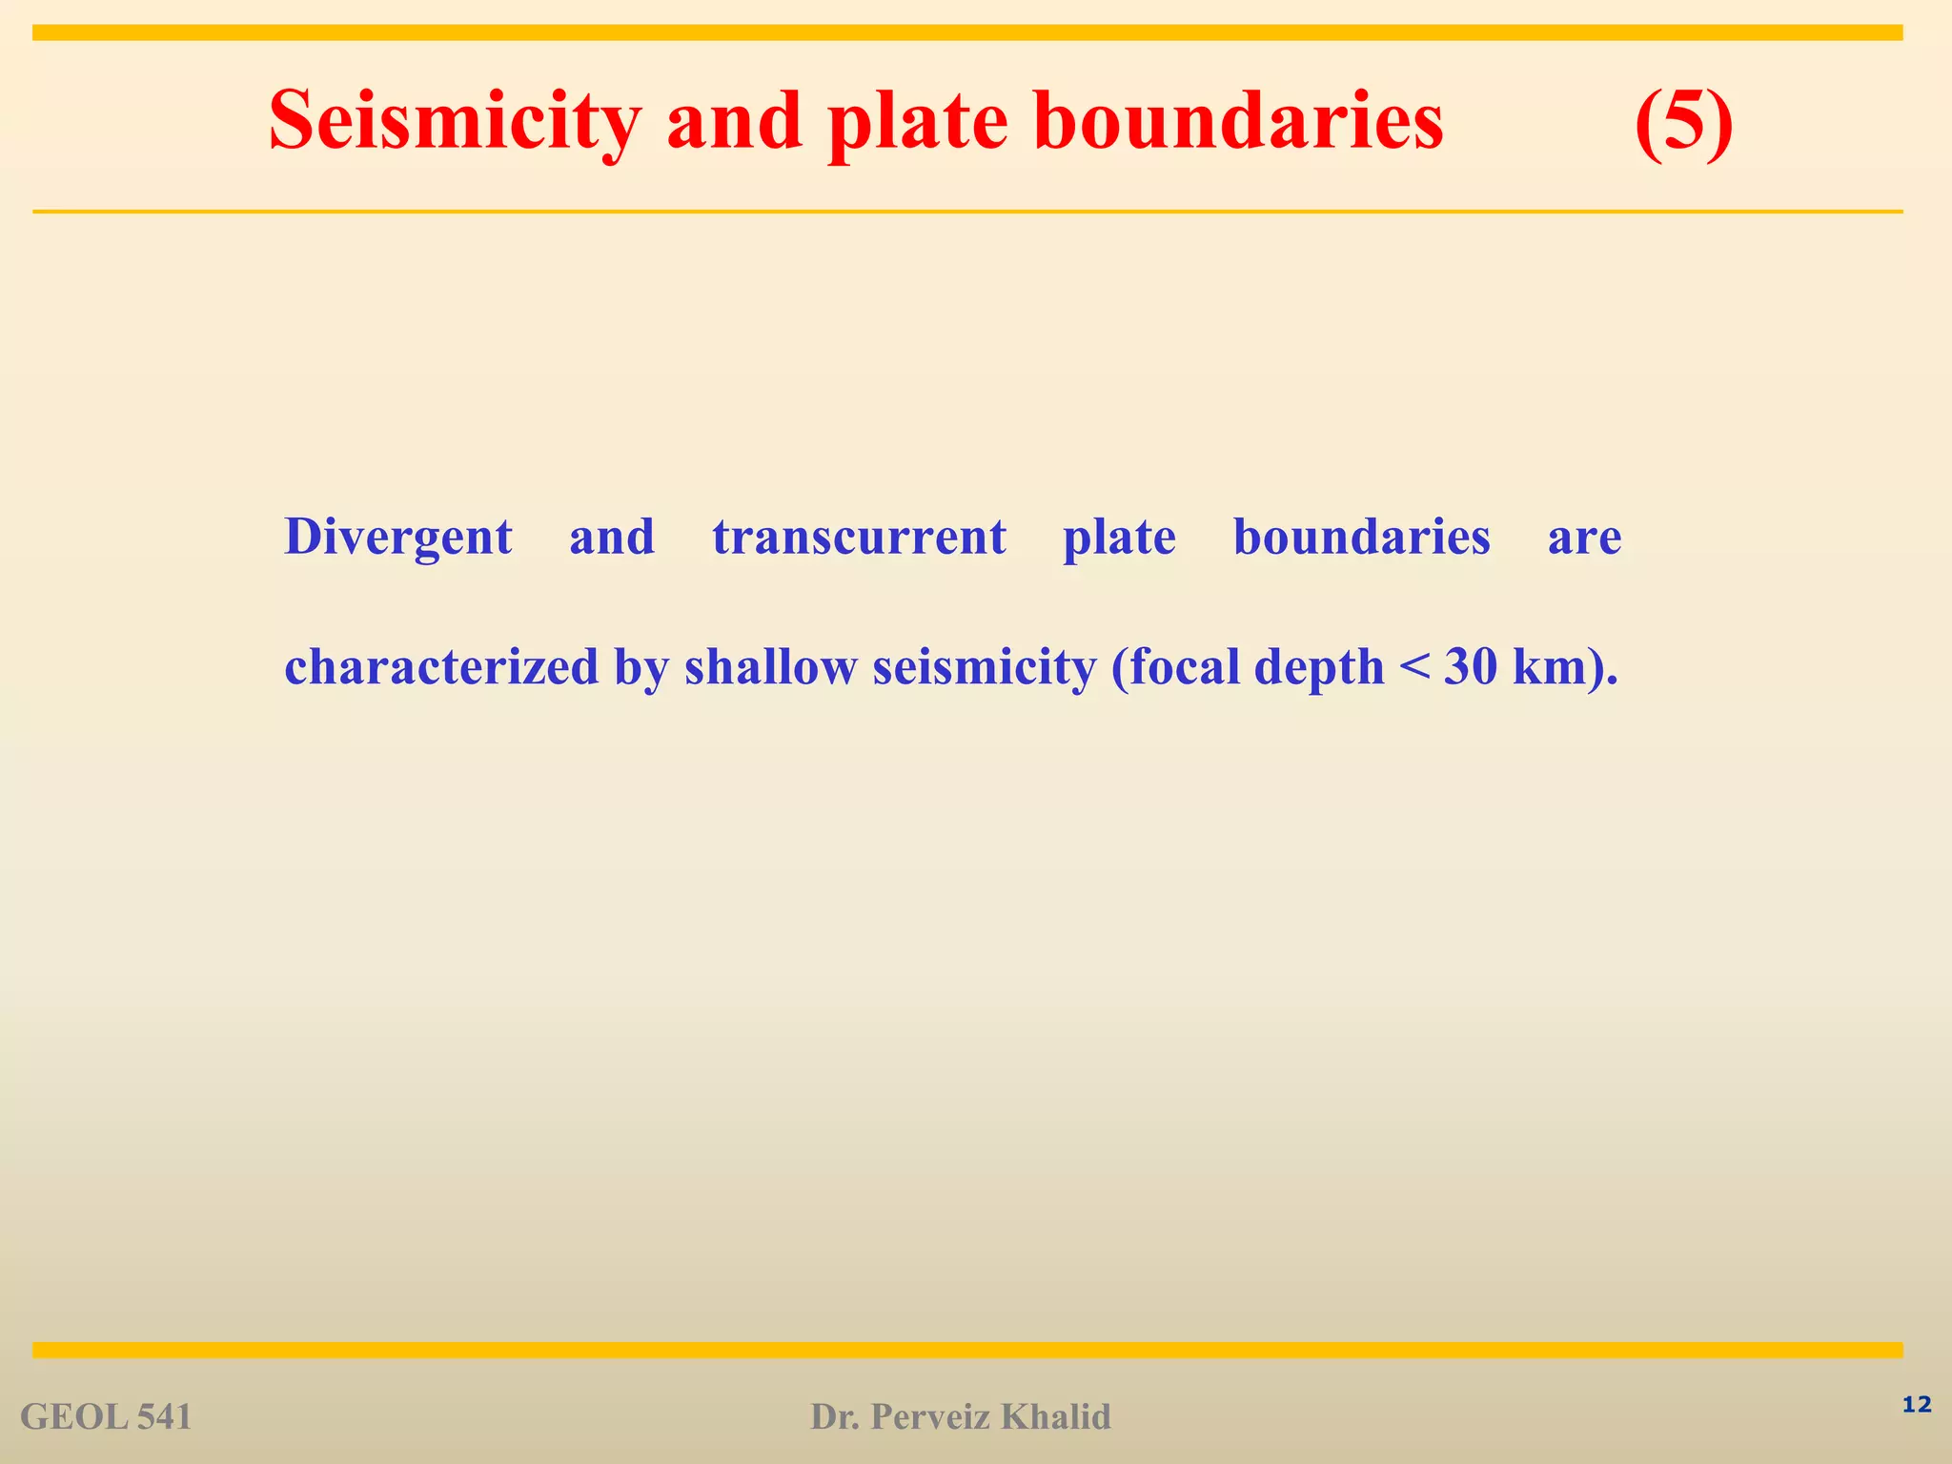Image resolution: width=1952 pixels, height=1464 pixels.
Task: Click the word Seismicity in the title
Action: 454,122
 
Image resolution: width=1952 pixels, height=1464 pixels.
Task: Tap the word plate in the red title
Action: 918,122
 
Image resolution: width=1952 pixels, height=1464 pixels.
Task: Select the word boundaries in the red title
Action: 1238,120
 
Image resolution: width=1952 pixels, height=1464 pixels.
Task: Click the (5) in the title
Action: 1683,122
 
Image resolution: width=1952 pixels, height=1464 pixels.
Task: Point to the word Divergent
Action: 398,537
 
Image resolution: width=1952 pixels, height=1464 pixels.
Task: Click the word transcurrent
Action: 859,537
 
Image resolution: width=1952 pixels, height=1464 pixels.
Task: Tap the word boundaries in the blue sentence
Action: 1361,537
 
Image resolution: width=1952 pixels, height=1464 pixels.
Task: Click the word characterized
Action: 441,666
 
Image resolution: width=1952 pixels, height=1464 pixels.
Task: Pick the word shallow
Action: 770,666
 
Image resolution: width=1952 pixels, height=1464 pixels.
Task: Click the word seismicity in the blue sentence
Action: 985,666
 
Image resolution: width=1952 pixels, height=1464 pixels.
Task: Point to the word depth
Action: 1318,668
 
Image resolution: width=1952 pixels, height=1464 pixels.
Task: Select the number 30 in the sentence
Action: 1471,666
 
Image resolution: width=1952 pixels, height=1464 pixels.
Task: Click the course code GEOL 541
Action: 106,1417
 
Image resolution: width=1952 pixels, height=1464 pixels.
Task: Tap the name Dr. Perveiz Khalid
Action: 960,1417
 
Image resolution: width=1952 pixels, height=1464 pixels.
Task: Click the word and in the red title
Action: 734,122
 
